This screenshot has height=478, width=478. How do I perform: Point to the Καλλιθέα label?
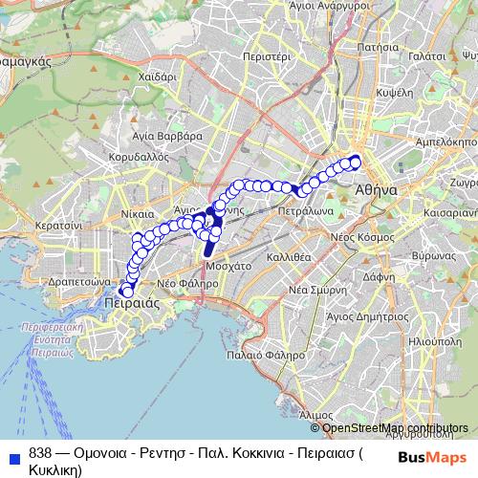[x=288, y=257]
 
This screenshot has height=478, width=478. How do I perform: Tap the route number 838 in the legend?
[x=40, y=454]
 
